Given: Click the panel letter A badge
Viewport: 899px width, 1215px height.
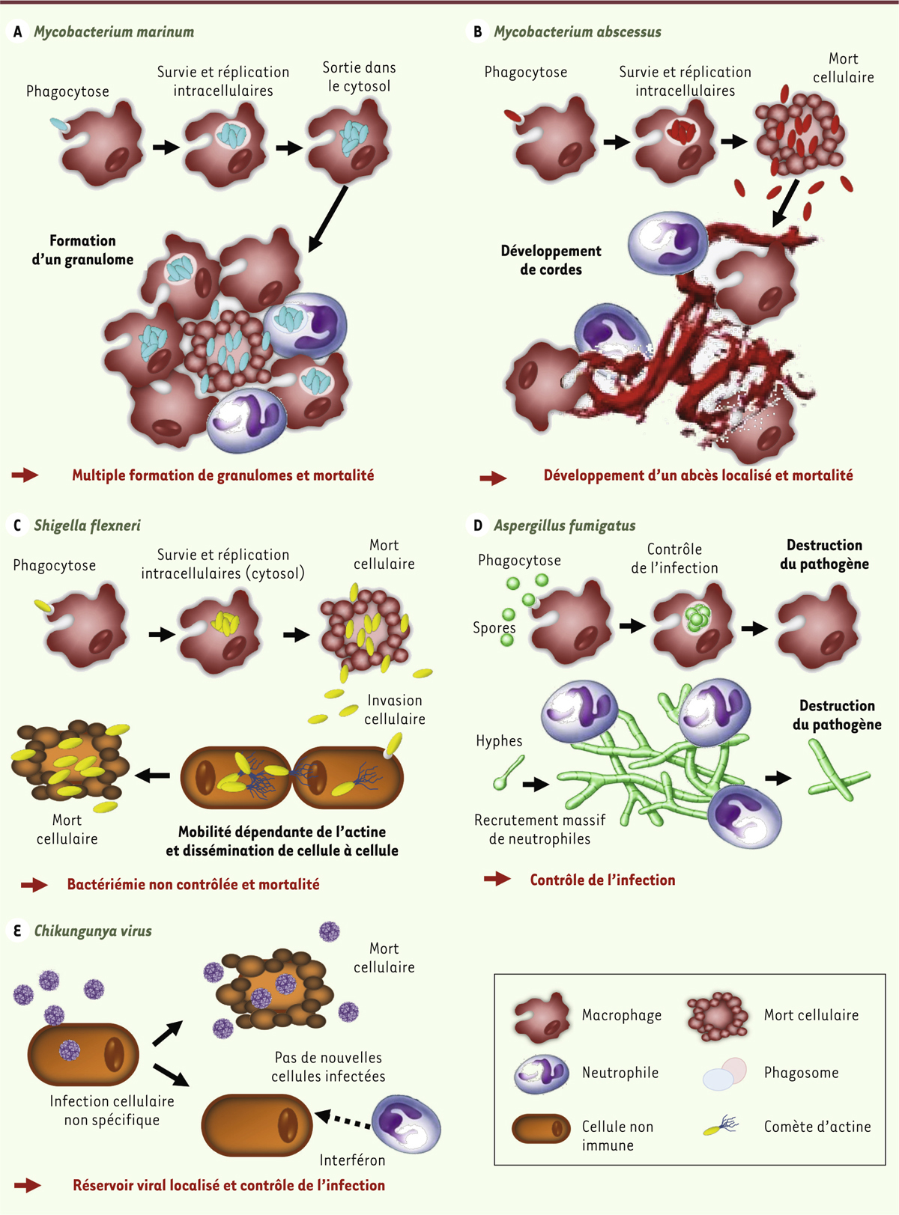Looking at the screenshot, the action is click(17, 31).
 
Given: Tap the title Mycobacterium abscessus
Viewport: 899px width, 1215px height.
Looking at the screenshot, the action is click(577, 31).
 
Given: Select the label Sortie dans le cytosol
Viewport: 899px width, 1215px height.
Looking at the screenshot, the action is click(359, 76).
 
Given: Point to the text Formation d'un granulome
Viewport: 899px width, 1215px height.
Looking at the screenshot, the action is click(82, 250).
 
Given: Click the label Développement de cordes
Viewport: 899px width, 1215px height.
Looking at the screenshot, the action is click(551, 260).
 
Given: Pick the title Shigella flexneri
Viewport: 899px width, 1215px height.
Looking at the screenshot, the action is click(87, 526).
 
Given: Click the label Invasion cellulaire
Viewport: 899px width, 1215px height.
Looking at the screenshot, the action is click(395, 710).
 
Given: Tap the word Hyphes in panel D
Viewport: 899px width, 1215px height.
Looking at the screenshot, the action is click(499, 741).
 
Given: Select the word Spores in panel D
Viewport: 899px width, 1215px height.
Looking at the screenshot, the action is click(494, 628).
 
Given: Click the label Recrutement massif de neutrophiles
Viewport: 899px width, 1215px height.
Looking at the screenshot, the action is click(540, 829).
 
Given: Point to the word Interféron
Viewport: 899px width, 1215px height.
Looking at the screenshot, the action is click(352, 1160).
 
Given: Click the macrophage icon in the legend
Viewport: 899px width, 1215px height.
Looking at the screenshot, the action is click(542, 1017).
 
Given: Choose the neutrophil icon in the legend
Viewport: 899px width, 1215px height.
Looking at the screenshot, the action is click(542, 1074).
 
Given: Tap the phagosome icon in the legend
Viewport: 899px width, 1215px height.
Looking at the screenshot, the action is click(725, 1073).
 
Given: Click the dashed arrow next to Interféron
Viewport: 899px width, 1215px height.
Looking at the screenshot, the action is click(342, 1120).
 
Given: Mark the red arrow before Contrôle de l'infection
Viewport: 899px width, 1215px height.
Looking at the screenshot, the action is click(497, 880).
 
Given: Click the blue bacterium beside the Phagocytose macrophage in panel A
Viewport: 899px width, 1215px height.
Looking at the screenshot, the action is click(59, 125).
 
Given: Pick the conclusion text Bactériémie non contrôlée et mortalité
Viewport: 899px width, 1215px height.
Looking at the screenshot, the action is click(193, 884).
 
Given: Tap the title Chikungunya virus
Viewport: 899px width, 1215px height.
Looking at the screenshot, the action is click(93, 931).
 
